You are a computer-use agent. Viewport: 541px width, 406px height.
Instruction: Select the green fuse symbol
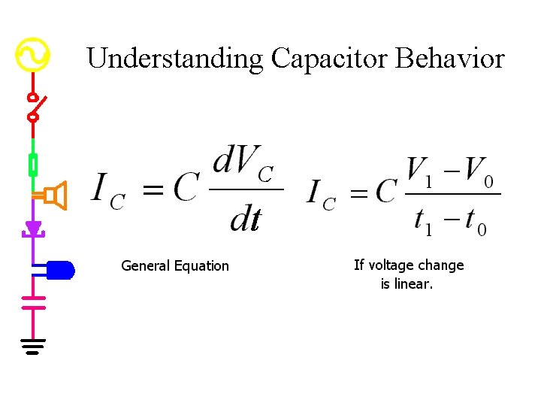point(33,165)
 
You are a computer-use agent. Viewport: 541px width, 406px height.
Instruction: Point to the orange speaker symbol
point(56,195)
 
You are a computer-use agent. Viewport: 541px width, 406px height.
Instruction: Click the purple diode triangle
point(33,228)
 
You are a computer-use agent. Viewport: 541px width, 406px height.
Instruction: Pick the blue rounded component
point(59,269)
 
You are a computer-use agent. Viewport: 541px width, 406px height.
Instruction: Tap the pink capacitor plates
point(33,302)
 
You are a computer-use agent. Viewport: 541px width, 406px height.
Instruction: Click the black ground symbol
point(33,346)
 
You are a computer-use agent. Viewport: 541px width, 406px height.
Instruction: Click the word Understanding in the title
point(174,58)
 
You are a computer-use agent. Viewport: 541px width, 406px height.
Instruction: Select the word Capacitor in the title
point(329,58)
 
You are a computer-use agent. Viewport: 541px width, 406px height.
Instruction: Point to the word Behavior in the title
point(450,58)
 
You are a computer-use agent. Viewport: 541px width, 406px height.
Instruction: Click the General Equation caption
point(175,265)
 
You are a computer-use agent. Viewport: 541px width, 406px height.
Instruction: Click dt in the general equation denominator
point(246,220)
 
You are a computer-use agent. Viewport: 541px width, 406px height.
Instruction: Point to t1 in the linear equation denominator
point(424,220)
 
